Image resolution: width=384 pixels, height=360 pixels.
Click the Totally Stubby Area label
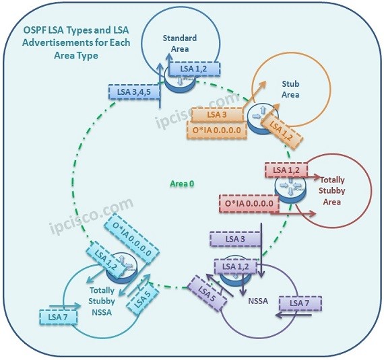pos(331,191)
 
